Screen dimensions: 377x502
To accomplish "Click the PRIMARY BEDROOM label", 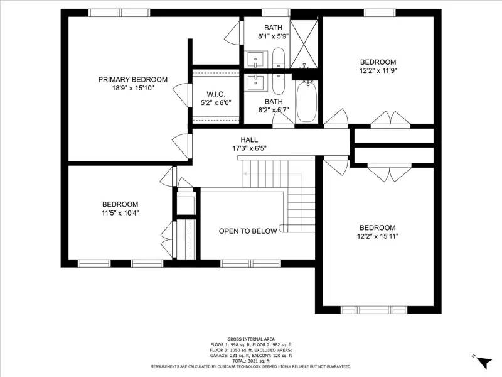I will (x=132, y=79).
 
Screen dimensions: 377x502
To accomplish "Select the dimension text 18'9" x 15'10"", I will (x=132, y=89).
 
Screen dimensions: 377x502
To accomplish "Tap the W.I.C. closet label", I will (x=215, y=93).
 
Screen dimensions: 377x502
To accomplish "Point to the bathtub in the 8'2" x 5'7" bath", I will (x=306, y=102).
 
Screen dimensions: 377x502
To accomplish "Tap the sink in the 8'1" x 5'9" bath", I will (x=256, y=60).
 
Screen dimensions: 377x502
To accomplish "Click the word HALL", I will (x=248, y=139).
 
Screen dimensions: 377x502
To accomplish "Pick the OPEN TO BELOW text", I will (x=247, y=231).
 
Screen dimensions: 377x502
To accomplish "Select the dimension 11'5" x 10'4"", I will (x=120, y=213).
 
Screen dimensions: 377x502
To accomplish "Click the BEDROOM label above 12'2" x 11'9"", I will (x=378, y=62).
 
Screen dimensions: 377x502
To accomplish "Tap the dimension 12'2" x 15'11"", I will (x=378, y=236).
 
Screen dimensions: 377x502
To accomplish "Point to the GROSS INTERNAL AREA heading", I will (x=250, y=339).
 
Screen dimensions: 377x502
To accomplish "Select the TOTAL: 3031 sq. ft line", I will (x=250, y=361).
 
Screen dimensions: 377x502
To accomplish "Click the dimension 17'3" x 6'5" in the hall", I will (x=248, y=148).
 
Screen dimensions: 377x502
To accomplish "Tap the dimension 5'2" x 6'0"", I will (x=215, y=102).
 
